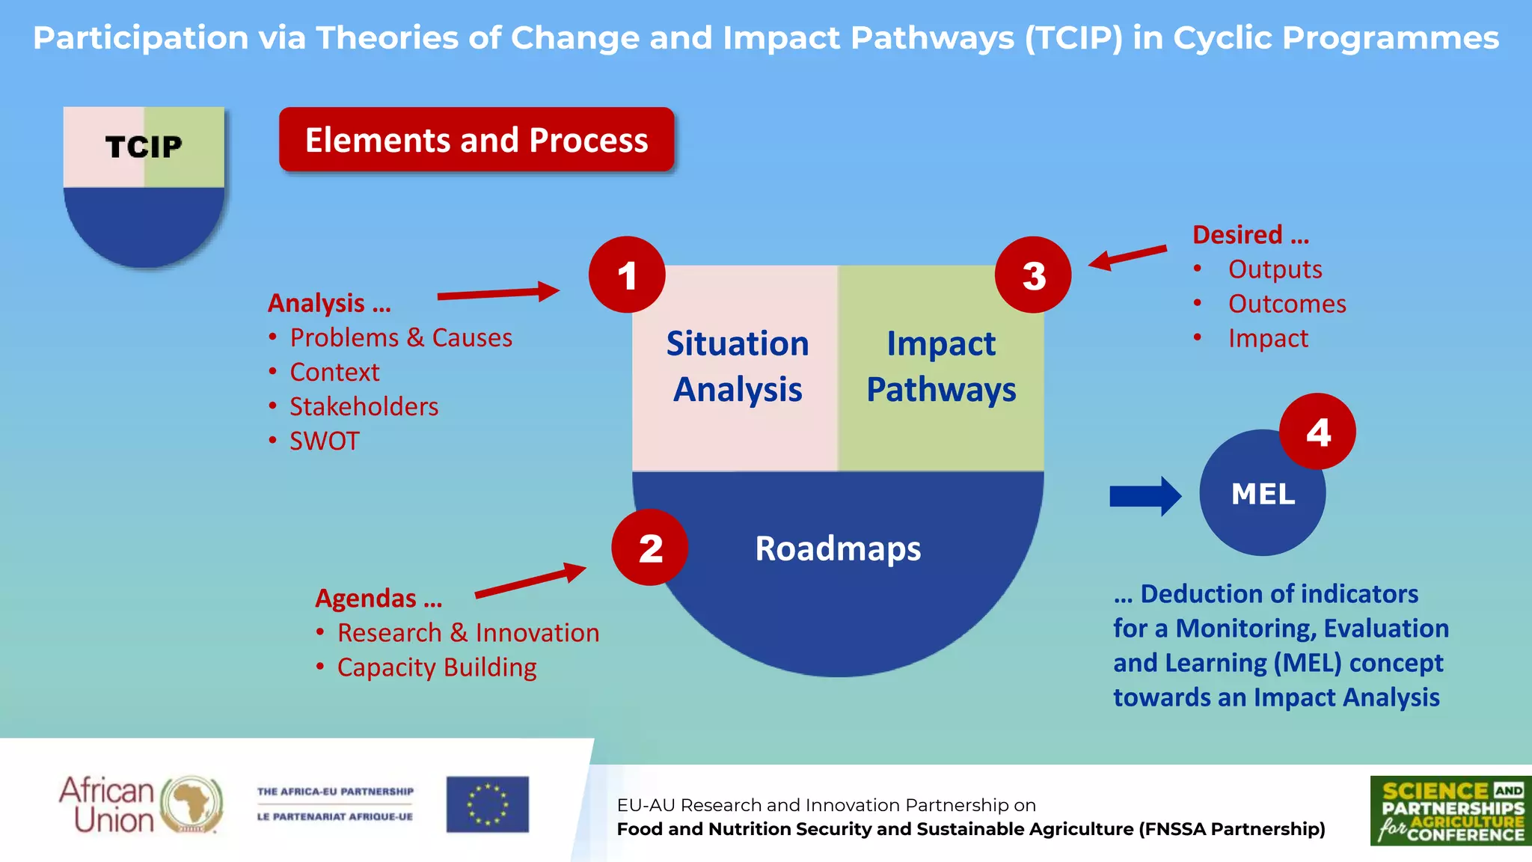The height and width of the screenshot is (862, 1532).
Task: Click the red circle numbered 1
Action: pos(627,275)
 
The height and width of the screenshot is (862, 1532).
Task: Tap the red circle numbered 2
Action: pos(649,547)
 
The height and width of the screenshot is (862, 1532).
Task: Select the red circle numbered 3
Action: pos(1033,275)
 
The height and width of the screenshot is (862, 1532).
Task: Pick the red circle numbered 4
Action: pos(1317,432)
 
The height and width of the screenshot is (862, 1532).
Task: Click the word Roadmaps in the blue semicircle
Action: pos(838,548)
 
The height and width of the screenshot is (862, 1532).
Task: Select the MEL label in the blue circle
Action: pos(1263,494)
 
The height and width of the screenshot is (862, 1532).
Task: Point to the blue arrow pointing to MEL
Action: pos(1145,496)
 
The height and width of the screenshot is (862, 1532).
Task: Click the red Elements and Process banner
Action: pos(477,140)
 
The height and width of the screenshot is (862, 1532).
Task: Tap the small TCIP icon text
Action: pos(144,147)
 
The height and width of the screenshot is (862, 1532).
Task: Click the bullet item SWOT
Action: pos(325,441)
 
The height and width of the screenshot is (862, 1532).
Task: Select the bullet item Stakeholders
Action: pos(364,406)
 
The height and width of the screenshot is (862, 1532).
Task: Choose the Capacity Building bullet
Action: pos(437,667)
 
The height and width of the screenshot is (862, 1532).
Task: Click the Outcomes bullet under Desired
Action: pos(1287,304)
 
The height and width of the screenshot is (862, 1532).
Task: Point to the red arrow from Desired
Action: pos(1127,256)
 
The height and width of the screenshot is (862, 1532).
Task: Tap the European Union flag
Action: pos(488,804)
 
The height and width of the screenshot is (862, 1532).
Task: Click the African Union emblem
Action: pos(193,804)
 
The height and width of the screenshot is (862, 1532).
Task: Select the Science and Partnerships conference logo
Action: pos(1450,810)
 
